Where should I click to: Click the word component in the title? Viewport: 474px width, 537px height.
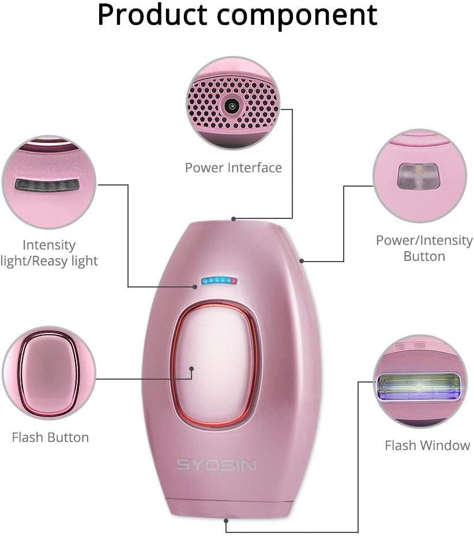point(303,15)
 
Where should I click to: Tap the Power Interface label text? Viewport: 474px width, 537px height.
point(233,168)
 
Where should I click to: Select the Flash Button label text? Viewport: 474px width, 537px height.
point(50,437)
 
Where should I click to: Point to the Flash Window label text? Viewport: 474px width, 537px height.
point(427,445)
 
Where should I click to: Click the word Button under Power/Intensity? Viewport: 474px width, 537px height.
point(424,256)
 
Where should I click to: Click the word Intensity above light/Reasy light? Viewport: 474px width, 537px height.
point(49,245)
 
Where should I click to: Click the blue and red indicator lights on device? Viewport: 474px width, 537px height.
point(219,281)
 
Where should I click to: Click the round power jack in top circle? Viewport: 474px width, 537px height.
point(232,105)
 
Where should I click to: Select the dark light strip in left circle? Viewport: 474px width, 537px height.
point(47,185)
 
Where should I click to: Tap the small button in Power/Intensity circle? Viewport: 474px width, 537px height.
point(419,175)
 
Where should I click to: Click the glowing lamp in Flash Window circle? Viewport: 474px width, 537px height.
point(419,386)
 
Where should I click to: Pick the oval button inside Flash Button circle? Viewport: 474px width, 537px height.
point(48,373)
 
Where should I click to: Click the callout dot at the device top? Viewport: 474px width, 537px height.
point(234,219)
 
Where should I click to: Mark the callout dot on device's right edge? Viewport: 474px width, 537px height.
point(302,261)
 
